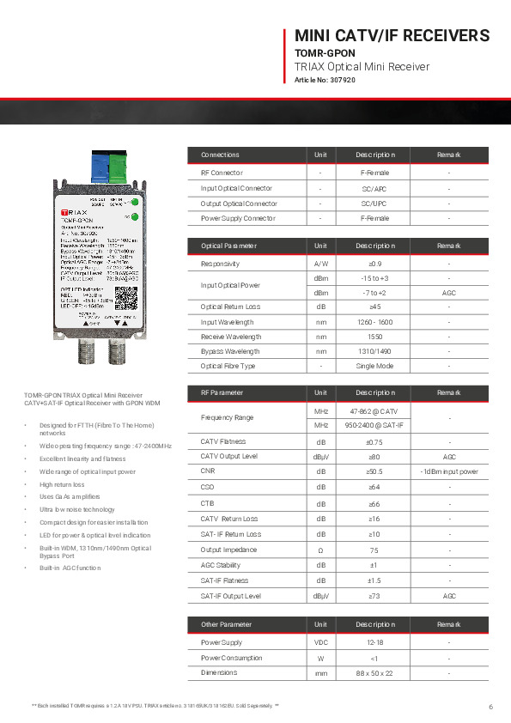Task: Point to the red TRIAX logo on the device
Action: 78,210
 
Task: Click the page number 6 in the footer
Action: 490,707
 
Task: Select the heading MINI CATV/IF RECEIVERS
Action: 392,35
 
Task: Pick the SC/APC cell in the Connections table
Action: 374,188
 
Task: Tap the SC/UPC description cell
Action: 374,204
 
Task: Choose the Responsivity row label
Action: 220,264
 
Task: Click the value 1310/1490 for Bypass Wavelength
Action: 374,351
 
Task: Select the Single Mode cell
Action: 374,367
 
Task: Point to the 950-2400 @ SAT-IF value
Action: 374,425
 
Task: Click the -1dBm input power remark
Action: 447,471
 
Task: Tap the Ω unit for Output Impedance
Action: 320,550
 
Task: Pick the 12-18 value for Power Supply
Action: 374,641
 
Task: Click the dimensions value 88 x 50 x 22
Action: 374,673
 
